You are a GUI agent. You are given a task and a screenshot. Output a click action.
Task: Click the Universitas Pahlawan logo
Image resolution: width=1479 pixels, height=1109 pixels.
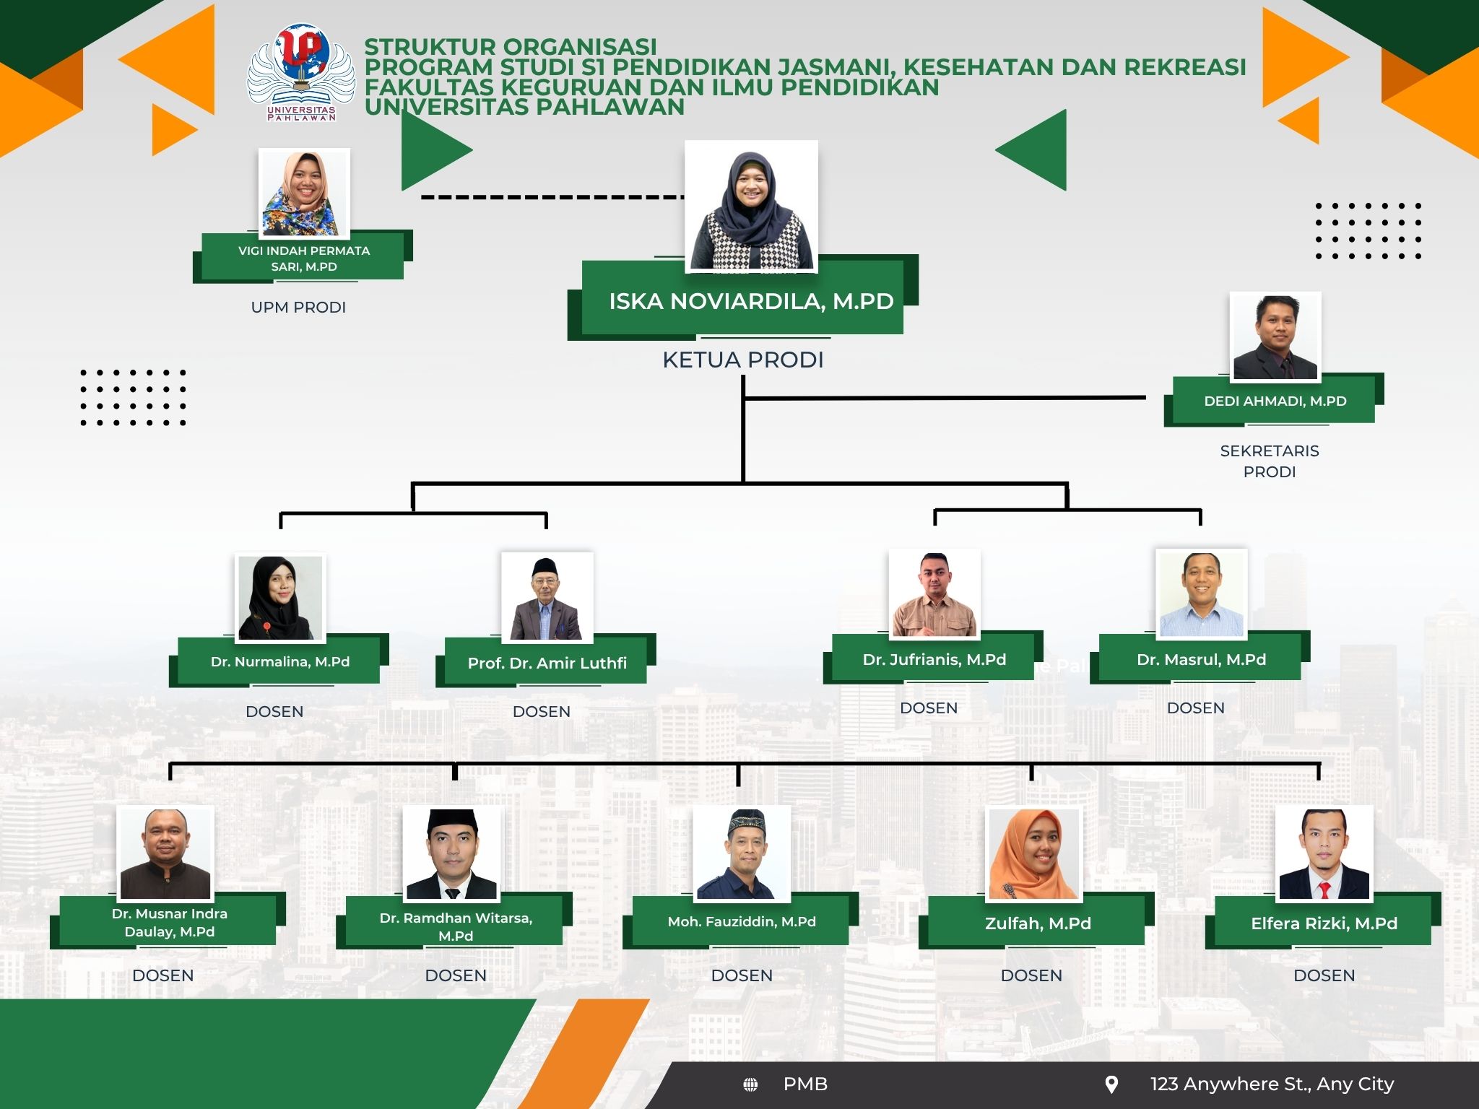(302, 72)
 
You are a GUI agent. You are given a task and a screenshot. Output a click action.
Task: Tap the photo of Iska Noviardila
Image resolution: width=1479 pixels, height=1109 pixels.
(751, 206)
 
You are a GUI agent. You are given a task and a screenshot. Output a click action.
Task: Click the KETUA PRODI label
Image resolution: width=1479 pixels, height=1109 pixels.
(743, 360)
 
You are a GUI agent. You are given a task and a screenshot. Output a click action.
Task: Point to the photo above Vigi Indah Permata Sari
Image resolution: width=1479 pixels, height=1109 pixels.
(304, 193)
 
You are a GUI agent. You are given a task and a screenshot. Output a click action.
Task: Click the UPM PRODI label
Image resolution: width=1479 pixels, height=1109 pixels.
(298, 308)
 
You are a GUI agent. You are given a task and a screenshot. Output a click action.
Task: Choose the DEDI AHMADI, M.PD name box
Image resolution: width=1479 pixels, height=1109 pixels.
(1274, 400)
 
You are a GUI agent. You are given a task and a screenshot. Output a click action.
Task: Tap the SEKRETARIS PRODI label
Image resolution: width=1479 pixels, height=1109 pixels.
(1270, 461)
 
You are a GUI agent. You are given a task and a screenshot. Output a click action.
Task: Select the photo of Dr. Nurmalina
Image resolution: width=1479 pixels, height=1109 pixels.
(280, 598)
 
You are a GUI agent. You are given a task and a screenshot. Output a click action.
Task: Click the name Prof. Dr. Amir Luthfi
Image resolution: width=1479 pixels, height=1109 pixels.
(547, 663)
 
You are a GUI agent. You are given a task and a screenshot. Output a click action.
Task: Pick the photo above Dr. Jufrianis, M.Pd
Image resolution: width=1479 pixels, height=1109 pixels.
(934, 594)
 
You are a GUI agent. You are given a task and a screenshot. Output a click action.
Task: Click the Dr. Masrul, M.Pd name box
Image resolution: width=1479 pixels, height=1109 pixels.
(1200, 658)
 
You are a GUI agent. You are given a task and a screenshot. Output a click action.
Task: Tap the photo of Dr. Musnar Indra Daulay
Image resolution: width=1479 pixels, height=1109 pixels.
(165, 853)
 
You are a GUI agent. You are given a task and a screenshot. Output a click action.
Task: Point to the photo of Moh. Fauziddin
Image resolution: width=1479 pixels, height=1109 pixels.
(742, 853)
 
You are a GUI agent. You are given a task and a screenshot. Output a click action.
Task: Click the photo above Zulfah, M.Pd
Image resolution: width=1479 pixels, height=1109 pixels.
(1034, 854)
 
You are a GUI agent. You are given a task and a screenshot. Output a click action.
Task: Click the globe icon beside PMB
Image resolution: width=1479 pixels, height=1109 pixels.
(751, 1084)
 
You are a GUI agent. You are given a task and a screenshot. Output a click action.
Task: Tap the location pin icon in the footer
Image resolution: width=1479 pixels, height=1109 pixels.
(1112, 1084)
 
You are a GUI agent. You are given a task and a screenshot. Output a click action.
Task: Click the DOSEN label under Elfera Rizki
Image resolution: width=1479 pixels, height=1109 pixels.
(1324, 975)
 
